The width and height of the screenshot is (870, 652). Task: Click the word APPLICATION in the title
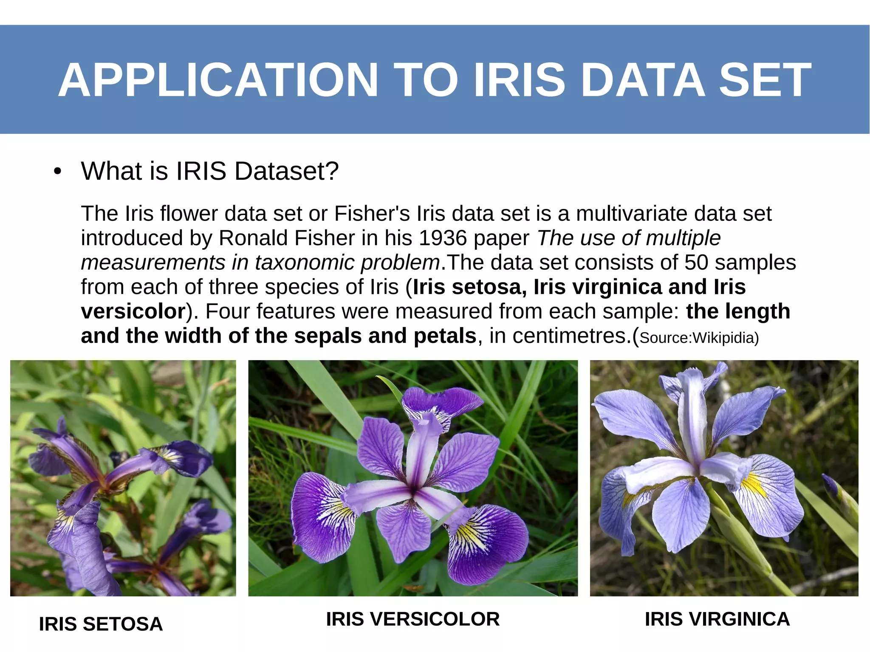click(218, 80)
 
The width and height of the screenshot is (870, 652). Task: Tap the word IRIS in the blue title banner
click(519, 80)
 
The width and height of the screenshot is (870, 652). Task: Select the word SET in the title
click(765, 80)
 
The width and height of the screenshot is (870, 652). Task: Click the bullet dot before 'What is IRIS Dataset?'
click(58, 172)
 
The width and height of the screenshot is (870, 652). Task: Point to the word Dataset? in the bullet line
click(286, 171)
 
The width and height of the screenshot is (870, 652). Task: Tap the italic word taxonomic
click(305, 262)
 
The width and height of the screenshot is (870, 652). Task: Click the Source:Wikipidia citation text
click(699, 338)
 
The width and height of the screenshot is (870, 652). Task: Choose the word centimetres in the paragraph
click(569, 336)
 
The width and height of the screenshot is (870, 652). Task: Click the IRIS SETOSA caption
click(101, 624)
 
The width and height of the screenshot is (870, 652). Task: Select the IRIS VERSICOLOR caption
click(412, 619)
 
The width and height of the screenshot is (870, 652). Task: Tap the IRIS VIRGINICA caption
click(717, 619)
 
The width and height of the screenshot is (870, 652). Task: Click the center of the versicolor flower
click(412, 493)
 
